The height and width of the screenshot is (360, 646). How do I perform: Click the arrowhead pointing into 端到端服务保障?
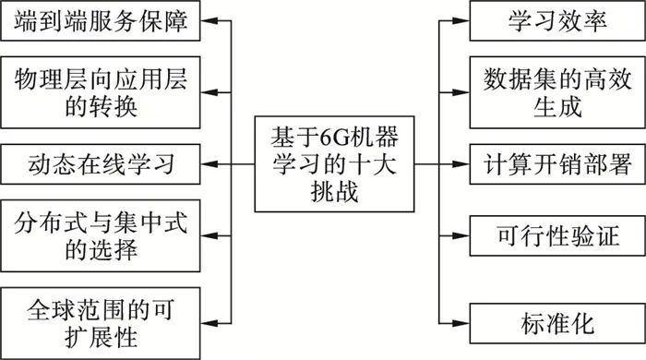click(x=209, y=21)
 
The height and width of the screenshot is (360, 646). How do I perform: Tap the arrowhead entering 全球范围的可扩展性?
click(x=209, y=314)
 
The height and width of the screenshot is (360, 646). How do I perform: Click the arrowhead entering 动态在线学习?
click(x=209, y=165)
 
